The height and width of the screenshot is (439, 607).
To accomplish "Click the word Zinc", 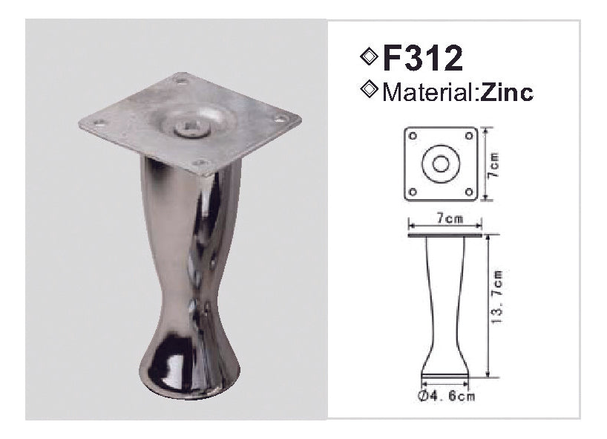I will click(507, 93).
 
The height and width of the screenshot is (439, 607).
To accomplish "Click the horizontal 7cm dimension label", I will click(445, 219).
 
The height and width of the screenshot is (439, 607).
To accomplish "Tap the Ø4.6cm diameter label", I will click(445, 397).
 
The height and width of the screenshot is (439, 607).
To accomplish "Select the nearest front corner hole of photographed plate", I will click(198, 163).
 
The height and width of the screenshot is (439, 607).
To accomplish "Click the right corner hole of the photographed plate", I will click(281, 117).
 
